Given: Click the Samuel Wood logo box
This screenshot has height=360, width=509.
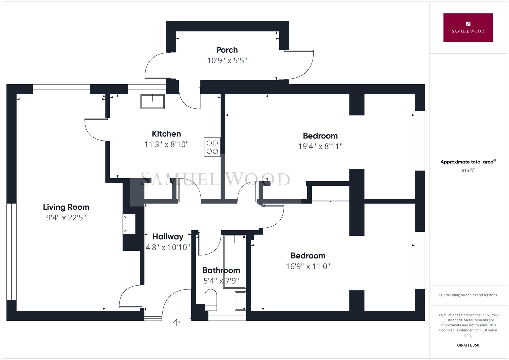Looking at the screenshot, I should [468, 28].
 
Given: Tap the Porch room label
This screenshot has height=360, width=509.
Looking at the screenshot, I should [227, 50].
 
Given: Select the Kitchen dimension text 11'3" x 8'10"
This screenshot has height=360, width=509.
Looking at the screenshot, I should [166, 144].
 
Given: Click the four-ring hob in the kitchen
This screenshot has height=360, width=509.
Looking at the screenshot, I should [212, 147].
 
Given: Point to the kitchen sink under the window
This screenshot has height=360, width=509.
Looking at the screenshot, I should [152, 101].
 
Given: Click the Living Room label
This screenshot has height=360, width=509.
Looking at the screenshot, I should [66, 207].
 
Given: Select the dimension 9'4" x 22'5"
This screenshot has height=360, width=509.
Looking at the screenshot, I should [66, 218].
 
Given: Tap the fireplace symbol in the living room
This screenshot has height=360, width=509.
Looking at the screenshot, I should [128, 224].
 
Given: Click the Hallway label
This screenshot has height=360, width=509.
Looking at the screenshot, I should [168, 237].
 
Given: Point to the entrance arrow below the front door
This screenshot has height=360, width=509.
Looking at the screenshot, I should [177, 322].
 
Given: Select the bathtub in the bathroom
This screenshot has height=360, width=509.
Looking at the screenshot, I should [235, 261].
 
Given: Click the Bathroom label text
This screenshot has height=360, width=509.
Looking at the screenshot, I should [221, 270].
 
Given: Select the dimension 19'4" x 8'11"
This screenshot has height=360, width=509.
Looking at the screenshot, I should [320, 146].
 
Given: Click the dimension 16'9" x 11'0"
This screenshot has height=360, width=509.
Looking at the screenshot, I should [308, 266].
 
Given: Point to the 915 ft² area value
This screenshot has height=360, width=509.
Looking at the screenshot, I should [468, 170].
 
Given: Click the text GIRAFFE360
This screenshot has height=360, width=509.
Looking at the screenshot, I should [468, 345].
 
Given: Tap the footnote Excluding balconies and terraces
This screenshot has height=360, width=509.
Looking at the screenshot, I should [468, 295].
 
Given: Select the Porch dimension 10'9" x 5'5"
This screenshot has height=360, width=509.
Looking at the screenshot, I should [227, 61].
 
